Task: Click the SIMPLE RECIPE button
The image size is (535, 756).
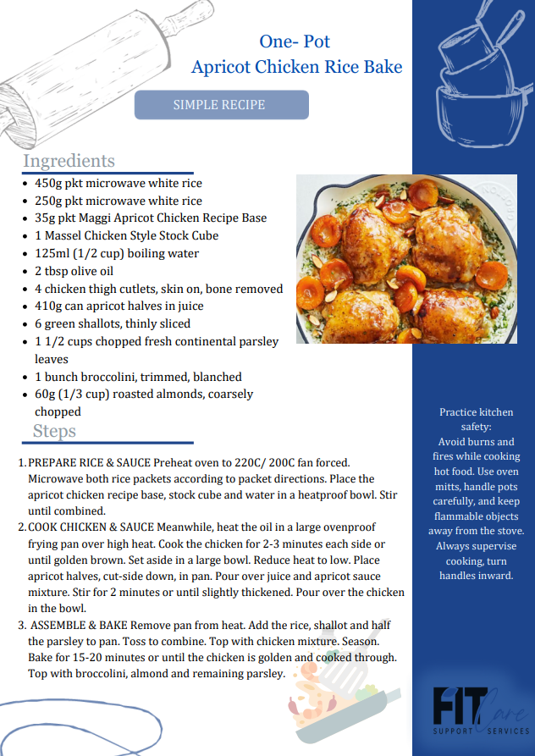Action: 221,105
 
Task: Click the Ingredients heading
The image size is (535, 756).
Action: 69,161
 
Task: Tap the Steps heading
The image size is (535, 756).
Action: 54,431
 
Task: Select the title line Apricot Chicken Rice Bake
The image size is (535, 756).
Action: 296,67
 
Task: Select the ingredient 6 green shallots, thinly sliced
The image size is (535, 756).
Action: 113,323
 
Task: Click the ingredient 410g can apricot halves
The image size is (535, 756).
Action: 119,306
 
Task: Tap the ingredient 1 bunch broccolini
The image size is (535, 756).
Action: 138,377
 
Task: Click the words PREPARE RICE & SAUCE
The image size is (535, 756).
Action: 90,464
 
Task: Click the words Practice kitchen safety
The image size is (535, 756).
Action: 476,419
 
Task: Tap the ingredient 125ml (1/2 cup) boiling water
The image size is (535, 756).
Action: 117,253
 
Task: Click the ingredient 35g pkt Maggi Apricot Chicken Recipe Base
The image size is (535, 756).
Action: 151,218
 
